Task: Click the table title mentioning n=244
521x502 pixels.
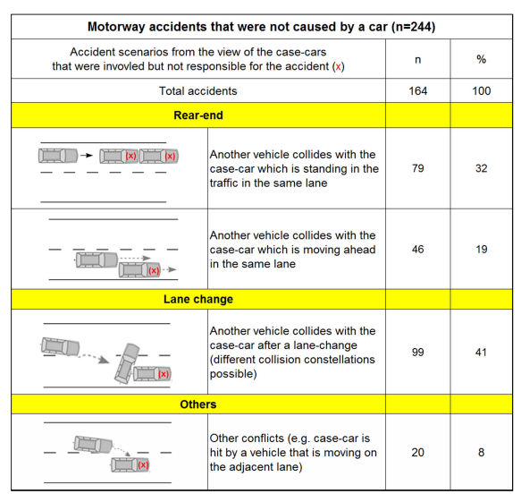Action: pyautogui.click(x=261, y=27)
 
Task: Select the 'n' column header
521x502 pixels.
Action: pyautogui.click(x=417, y=59)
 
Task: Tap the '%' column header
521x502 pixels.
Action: pyautogui.click(x=481, y=59)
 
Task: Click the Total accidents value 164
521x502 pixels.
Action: pyautogui.click(x=417, y=90)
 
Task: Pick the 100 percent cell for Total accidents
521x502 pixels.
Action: pyautogui.click(x=481, y=90)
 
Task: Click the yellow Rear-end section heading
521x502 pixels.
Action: pyautogui.click(x=198, y=115)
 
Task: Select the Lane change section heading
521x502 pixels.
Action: pyautogui.click(x=198, y=299)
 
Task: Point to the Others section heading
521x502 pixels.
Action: pyautogui.click(x=198, y=404)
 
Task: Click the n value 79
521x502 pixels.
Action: pyautogui.click(x=417, y=168)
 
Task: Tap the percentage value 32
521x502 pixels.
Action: pyautogui.click(x=481, y=168)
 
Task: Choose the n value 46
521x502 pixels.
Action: pyautogui.click(x=417, y=249)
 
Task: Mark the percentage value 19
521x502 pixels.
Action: pyautogui.click(x=481, y=249)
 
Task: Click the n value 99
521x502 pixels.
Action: pyautogui.click(x=417, y=352)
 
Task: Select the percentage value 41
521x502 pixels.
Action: pyautogui.click(x=481, y=352)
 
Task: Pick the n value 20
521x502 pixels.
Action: pyautogui.click(x=417, y=452)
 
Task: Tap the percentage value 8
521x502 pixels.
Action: pyautogui.click(x=481, y=452)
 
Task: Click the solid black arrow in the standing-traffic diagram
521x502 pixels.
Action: pyautogui.click(x=87, y=155)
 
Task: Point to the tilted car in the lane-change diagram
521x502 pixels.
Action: pyautogui.click(x=127, y=363)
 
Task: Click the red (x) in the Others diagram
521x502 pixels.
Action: pyautogui.click(x=143, y=464)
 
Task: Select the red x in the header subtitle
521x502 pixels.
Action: pyautogui.click(x=339, y=67)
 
